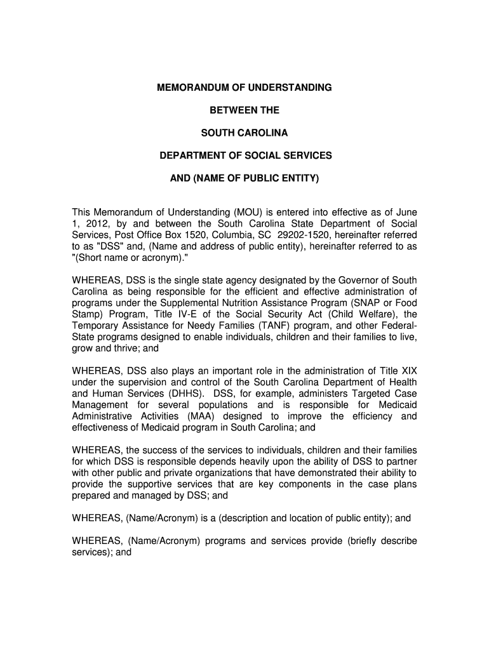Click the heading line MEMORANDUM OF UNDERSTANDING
pyautogui.click(x=245, y=88)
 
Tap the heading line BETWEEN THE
pyautogui.click(x=245, y=110)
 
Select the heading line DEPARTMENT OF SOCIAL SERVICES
pyautogui.click(x=245, y=156)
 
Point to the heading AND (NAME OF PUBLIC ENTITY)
pyautogui.click(x=245, y=178)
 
